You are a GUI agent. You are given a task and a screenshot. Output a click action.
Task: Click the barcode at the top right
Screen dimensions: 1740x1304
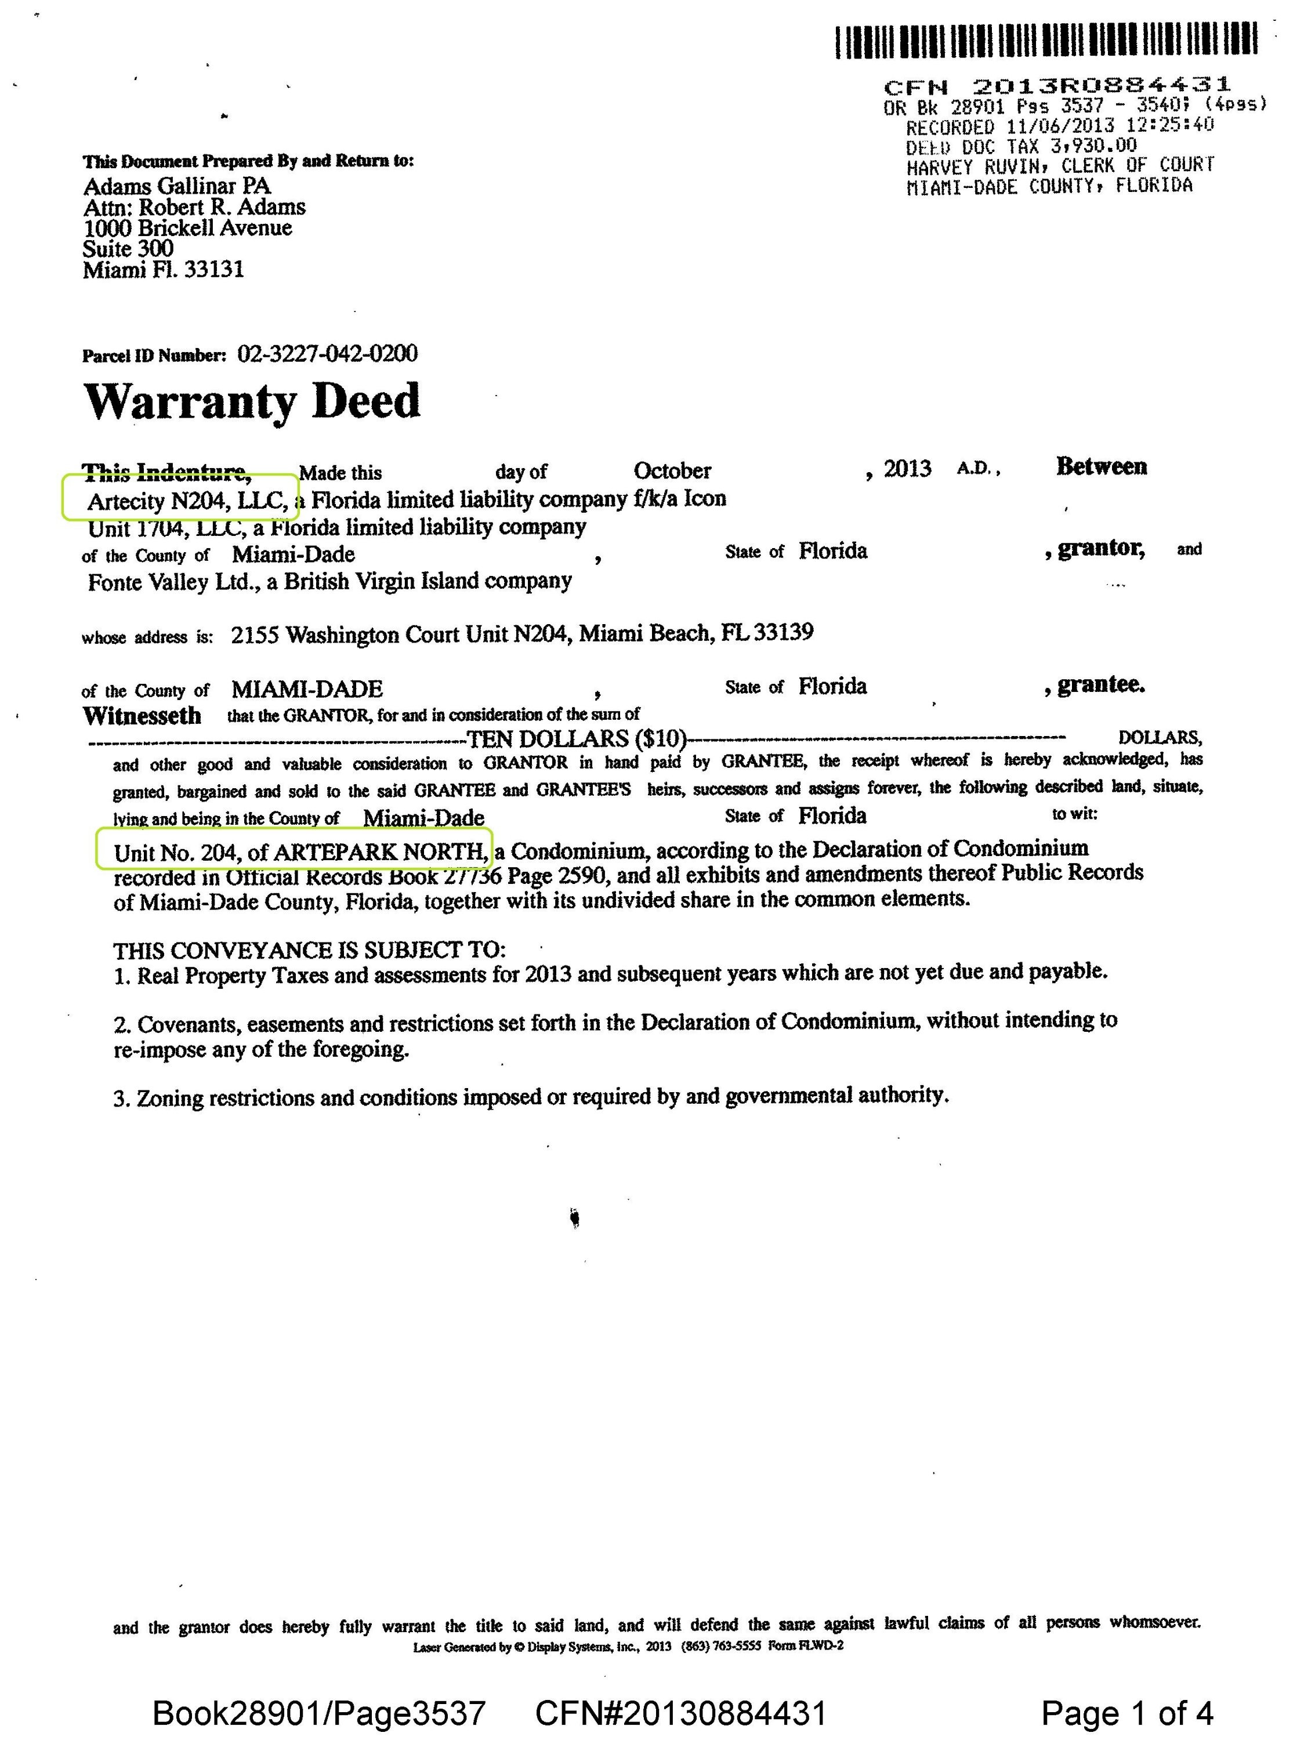(1046, 41)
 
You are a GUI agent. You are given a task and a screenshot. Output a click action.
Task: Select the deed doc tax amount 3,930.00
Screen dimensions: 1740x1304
(1093, 146)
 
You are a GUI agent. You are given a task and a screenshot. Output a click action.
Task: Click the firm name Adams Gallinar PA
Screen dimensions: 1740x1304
(177, 186)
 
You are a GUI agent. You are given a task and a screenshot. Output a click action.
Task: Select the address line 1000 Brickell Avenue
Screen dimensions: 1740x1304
(187, 228)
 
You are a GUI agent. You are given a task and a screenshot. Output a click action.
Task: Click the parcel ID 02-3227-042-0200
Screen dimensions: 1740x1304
(327, 354)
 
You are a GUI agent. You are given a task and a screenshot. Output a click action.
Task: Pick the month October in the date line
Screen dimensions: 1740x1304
(672, 470)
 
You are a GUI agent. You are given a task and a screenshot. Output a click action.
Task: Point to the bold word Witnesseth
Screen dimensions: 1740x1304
(142, 716)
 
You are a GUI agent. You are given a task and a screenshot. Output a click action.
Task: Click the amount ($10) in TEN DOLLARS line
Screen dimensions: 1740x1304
(660, 739)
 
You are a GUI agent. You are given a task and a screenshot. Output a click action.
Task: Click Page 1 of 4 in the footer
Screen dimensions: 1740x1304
(1126, 1713)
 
